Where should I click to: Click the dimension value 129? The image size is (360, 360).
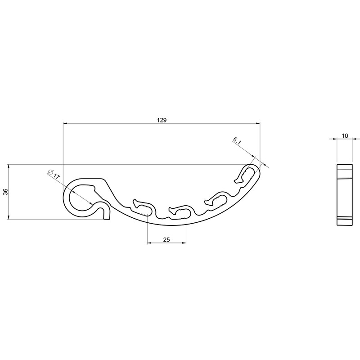point(162,120)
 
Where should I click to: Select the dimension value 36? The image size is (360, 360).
point(6,192)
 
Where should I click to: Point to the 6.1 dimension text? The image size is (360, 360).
point(237,141)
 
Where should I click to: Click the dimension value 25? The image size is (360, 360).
point(166,240)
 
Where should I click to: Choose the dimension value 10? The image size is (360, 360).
point(345,136)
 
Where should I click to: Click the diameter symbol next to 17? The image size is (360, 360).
point(51,172)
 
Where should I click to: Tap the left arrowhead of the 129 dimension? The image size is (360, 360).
point(65,123)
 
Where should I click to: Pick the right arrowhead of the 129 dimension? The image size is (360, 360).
point(258,123)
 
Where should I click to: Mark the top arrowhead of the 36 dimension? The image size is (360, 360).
point(9,166)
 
